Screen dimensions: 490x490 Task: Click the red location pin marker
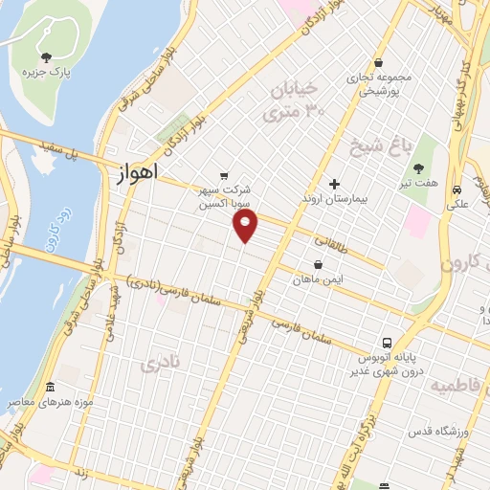click(x=246, y=225)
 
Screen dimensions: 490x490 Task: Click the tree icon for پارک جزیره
click(x=47, y=58)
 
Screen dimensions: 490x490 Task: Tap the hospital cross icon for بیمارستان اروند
click(x=333, y=183)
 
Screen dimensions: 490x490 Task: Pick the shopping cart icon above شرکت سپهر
click(x=224, y=175)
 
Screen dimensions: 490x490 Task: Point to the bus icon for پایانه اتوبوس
click(x=387, y=343)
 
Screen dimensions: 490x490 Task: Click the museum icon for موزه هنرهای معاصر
click(x=49, y=388)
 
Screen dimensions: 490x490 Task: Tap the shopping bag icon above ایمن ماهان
click(x=318, y=264)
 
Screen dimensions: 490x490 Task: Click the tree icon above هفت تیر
click(x=418, y=168)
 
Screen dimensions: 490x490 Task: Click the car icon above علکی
click(x=459, y=189)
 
